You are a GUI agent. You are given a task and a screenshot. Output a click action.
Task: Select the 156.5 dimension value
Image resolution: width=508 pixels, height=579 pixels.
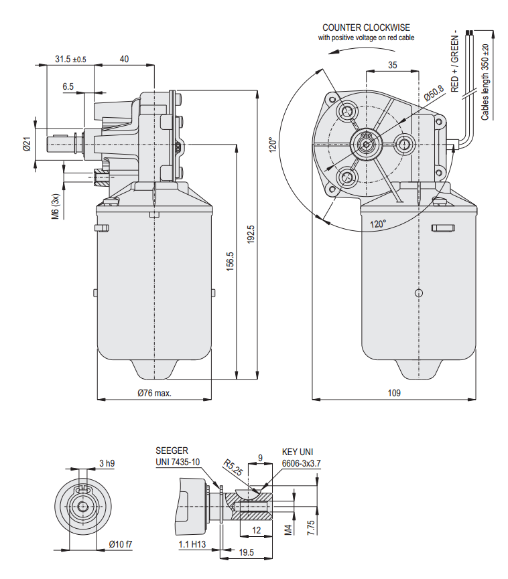pos(230,262)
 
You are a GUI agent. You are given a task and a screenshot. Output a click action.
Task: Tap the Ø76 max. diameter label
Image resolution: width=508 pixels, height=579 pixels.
pos(155,393)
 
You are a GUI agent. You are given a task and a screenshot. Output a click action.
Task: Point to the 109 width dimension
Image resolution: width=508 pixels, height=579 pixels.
pos(395,393)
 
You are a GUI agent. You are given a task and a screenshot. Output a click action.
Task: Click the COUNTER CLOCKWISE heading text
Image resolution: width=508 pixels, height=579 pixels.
pos(366,27)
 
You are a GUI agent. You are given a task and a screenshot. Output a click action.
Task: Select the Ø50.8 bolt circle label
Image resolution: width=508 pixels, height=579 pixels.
pos(434,93)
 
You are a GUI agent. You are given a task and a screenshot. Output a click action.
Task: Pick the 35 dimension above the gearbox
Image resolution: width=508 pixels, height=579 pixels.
pos(393,65)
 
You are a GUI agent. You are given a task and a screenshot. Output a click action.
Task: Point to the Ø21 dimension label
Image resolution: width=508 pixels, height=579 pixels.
pos(27,144)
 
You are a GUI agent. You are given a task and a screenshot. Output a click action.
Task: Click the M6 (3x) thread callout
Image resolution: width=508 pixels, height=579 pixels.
pos(56,206)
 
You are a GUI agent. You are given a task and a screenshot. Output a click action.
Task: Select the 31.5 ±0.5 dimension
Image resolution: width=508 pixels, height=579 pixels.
pos(70,59)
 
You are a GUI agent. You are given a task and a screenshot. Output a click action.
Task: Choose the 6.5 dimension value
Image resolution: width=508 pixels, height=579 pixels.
pos(68,87)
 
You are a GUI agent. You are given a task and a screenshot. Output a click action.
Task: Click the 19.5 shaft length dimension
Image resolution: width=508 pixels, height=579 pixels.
pos(247,552)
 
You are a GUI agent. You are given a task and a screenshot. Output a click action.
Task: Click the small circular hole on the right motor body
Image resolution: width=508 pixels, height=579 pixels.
pos(419,293)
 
